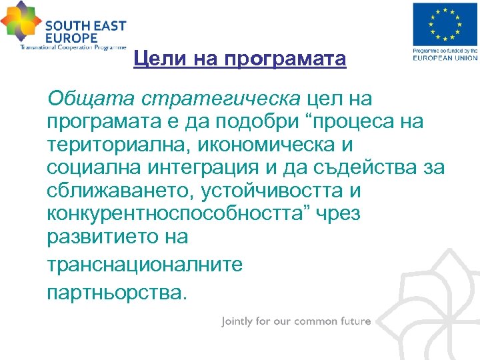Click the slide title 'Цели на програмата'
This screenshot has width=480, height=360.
pos(239,59)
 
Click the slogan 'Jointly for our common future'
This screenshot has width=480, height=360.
pos(296,321)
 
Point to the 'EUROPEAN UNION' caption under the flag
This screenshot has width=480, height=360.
pos(445,58)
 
